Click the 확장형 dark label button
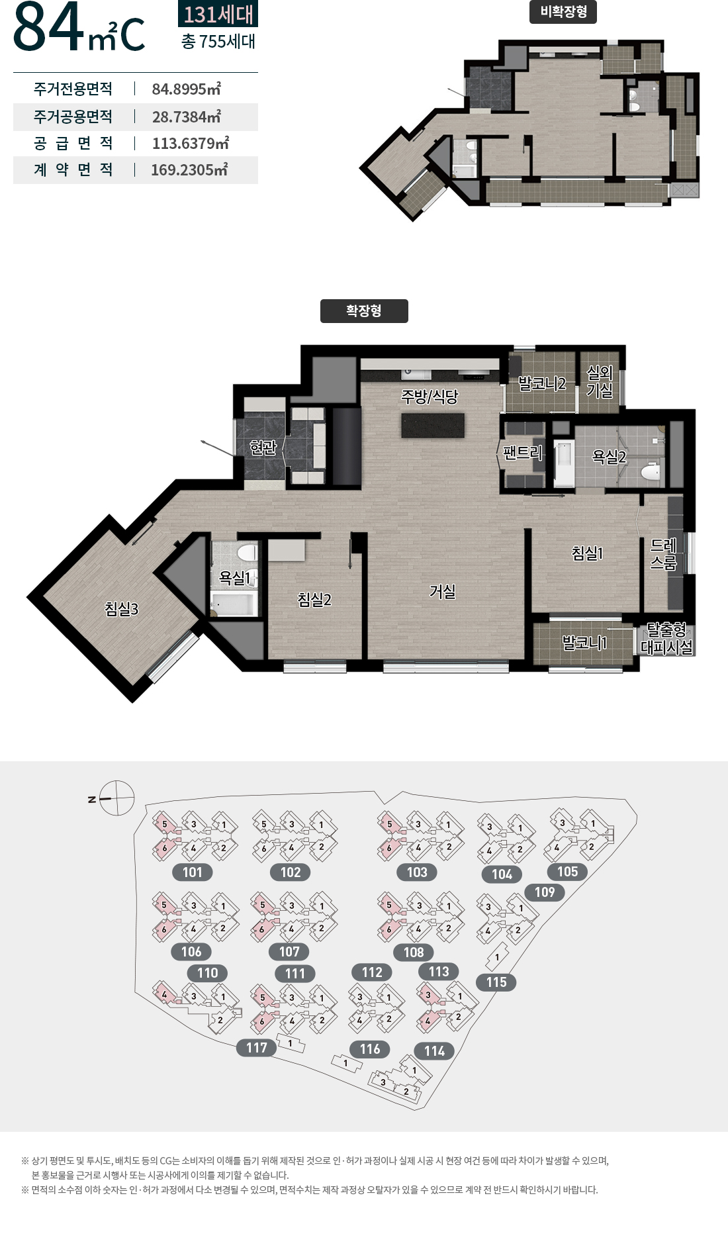tap(364, 311)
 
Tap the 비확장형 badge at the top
tap(563, 12)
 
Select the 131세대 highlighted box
tap(218, 14)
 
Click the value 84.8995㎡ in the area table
tap(187, 89)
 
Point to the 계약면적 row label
tap(73, 170)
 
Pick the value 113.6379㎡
tap(191, 143)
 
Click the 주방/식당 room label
tap(430, 396)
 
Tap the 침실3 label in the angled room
tap(122, 609)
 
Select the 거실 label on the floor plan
tap(442, 591)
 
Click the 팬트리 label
tap(522, 453)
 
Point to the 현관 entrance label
tap(263, 447)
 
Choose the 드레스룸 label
tap(663, 554)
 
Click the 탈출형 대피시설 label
tap(667, 638)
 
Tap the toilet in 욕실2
tap(651, 471)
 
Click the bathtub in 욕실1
tap(234, 604)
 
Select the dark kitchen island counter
tap(433, 426)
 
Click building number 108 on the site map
tap(414, 953)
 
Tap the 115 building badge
tap(496, 982)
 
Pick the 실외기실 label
tap(600, 382)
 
